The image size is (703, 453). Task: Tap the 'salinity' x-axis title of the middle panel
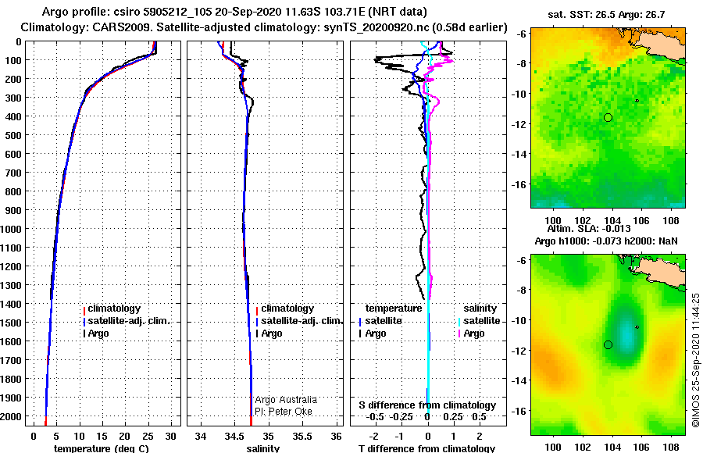[264, 448]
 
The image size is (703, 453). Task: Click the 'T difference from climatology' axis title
[426, 448]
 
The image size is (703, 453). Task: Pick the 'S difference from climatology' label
[427, 405]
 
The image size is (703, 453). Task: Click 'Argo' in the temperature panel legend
[98, 334]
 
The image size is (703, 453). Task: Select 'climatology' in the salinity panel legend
[287, 309]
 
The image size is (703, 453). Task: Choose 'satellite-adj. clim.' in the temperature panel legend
[128, 321]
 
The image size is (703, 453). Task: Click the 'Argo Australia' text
[287, 400]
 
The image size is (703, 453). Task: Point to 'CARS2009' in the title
[113, 27]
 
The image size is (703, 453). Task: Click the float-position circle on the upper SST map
[608, 117]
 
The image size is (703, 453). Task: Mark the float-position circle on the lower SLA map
[608, 344]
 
